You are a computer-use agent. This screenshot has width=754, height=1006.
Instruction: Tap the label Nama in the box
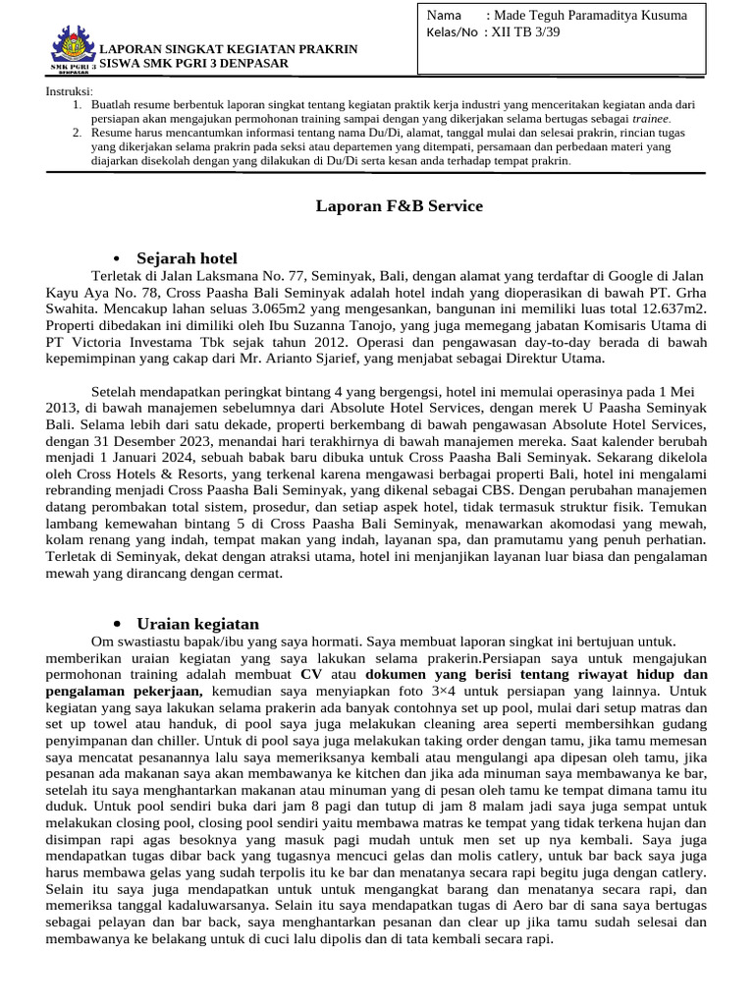(x=443, y=15)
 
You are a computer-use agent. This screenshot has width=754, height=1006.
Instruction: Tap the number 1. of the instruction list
(x=79, y=103)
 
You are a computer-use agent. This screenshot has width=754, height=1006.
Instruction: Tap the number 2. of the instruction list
(x=79, y=131)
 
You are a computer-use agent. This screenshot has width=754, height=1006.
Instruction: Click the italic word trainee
(x=650, y=117)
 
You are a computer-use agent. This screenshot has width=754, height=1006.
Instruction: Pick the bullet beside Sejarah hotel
(x=117, y=258)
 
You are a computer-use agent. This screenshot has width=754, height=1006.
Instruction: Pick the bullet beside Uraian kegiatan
(x=117, y=624)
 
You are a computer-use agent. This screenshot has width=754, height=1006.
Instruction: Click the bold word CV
(x=311, y=675)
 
